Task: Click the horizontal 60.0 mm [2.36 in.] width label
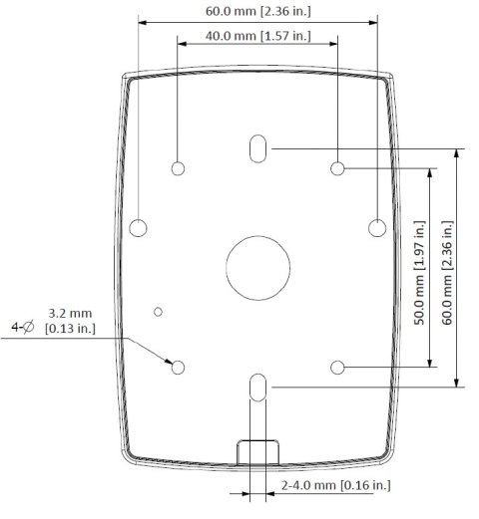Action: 257,13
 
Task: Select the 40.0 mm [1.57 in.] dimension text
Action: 257,37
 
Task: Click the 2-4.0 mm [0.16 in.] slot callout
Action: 335,485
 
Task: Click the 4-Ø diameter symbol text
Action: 22,326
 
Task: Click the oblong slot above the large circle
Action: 257,149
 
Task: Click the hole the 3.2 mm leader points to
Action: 178,368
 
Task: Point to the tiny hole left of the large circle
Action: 158,312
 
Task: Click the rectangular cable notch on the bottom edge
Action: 256,451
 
